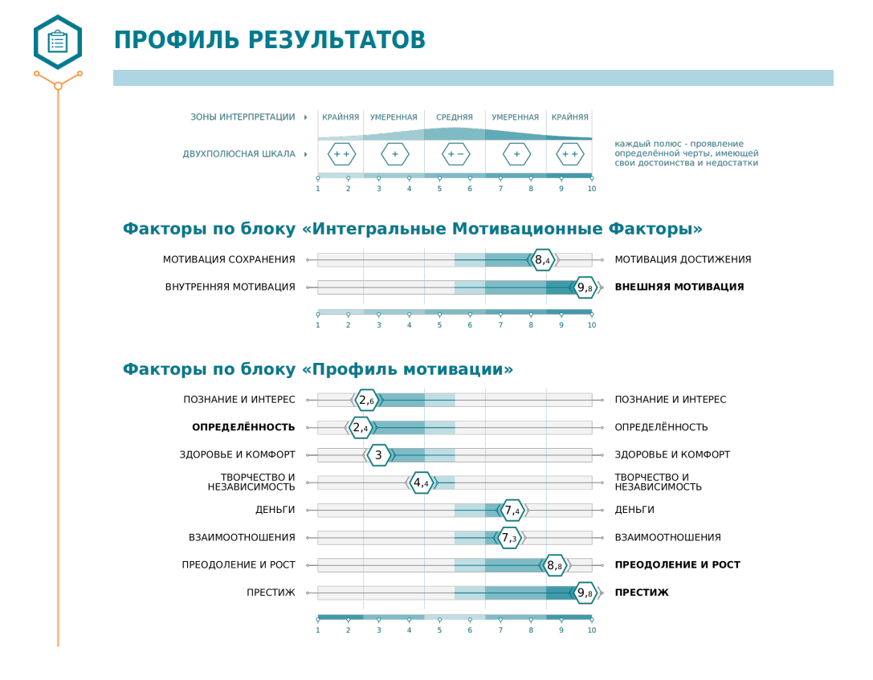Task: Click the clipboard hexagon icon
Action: pos(58,42)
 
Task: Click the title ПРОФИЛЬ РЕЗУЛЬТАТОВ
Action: pos(269,40)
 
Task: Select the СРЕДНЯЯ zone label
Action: pos(455,117)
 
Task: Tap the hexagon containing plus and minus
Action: pos(455,154)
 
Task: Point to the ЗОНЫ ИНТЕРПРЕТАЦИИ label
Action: pos(243,117)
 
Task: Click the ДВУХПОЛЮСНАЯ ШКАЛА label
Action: pos(239,154)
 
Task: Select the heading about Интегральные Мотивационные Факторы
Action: pos(412,229)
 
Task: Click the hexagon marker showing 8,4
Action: pos(543,260)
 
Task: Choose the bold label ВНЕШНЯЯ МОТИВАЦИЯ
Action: pos(679,287)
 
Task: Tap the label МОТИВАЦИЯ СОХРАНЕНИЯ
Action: pos(229,259)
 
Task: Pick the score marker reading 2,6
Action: pos(366,400)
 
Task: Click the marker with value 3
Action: pos(378,455)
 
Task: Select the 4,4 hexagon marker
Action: pos(422,483)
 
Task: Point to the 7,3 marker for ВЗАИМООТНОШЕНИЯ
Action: pos(509,538)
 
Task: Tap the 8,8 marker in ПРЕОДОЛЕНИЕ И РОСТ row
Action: pos(554,565)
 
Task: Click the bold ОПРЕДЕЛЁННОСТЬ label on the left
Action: pos(243,427)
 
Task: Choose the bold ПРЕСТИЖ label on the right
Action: pos(642,592)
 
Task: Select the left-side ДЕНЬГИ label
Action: pos(275,510)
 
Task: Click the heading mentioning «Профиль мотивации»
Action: pos(317,369)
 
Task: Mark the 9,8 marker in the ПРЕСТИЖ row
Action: pos(585,593)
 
